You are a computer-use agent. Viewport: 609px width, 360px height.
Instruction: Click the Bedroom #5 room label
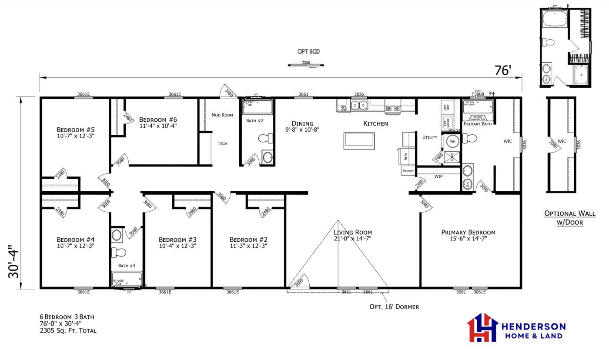pyautogui.click(x=75, y=130)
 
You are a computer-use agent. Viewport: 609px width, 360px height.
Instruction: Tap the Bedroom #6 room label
pyautogui.click(x=157, y=120)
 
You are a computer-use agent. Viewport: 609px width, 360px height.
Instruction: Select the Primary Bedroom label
pyautogui.click(x=468, y=232)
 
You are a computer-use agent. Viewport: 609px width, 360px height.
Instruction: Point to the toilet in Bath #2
pyautogui.click(x=265, y=139)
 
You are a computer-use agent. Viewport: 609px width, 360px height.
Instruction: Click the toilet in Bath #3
pyautogui.click(x=118, y=253)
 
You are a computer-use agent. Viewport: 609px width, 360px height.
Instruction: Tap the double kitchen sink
pyautogui.click(x=359, y=105)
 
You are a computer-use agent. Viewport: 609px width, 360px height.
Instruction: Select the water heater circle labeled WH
pyautogui.click(x=452, y=141)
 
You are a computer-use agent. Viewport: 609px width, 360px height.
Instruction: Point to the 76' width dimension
pyautogui.click(x=502, y=70)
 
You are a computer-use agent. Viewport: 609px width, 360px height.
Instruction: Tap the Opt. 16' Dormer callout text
pyautogui.click(x=394, y=307)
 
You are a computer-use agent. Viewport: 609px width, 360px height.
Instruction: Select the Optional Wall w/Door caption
pyautogui.click(x=563, y=218)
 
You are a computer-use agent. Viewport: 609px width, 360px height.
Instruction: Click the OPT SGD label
pyautogui.click(x=308, y=52)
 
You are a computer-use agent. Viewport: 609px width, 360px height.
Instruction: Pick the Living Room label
pyautogui.click(x=353, y=232)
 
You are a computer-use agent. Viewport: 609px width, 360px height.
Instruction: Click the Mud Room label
pyautogui.click(x=222, y=115)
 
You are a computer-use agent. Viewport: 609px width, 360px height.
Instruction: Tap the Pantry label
pyautogui.click(x=408, y=171)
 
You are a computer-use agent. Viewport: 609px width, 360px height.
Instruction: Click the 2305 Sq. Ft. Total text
pyautogui.click(x=68, y=330)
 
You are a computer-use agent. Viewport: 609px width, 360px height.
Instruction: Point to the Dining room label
pyautogui.click(x=302, y=123)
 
